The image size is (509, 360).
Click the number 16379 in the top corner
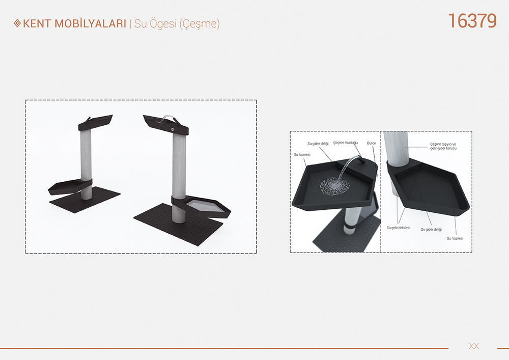(472, 21)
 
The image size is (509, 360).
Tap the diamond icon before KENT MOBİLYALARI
(17, 23)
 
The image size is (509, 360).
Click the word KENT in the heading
(37, 24)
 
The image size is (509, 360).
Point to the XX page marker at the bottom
(474, 346)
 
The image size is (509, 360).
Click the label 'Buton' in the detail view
(372, 143)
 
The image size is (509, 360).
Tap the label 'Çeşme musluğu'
(346, 143)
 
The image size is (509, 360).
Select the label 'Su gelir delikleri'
(398, 228)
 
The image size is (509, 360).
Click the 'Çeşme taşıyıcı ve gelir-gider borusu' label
(443, 146)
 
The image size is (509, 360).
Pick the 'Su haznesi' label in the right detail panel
(455, 238)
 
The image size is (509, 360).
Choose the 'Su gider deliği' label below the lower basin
(431, 230)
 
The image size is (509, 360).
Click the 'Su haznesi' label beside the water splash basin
(302, 155)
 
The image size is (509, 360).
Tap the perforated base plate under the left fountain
(85, 199)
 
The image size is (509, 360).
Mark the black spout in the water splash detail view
(360, 159)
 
